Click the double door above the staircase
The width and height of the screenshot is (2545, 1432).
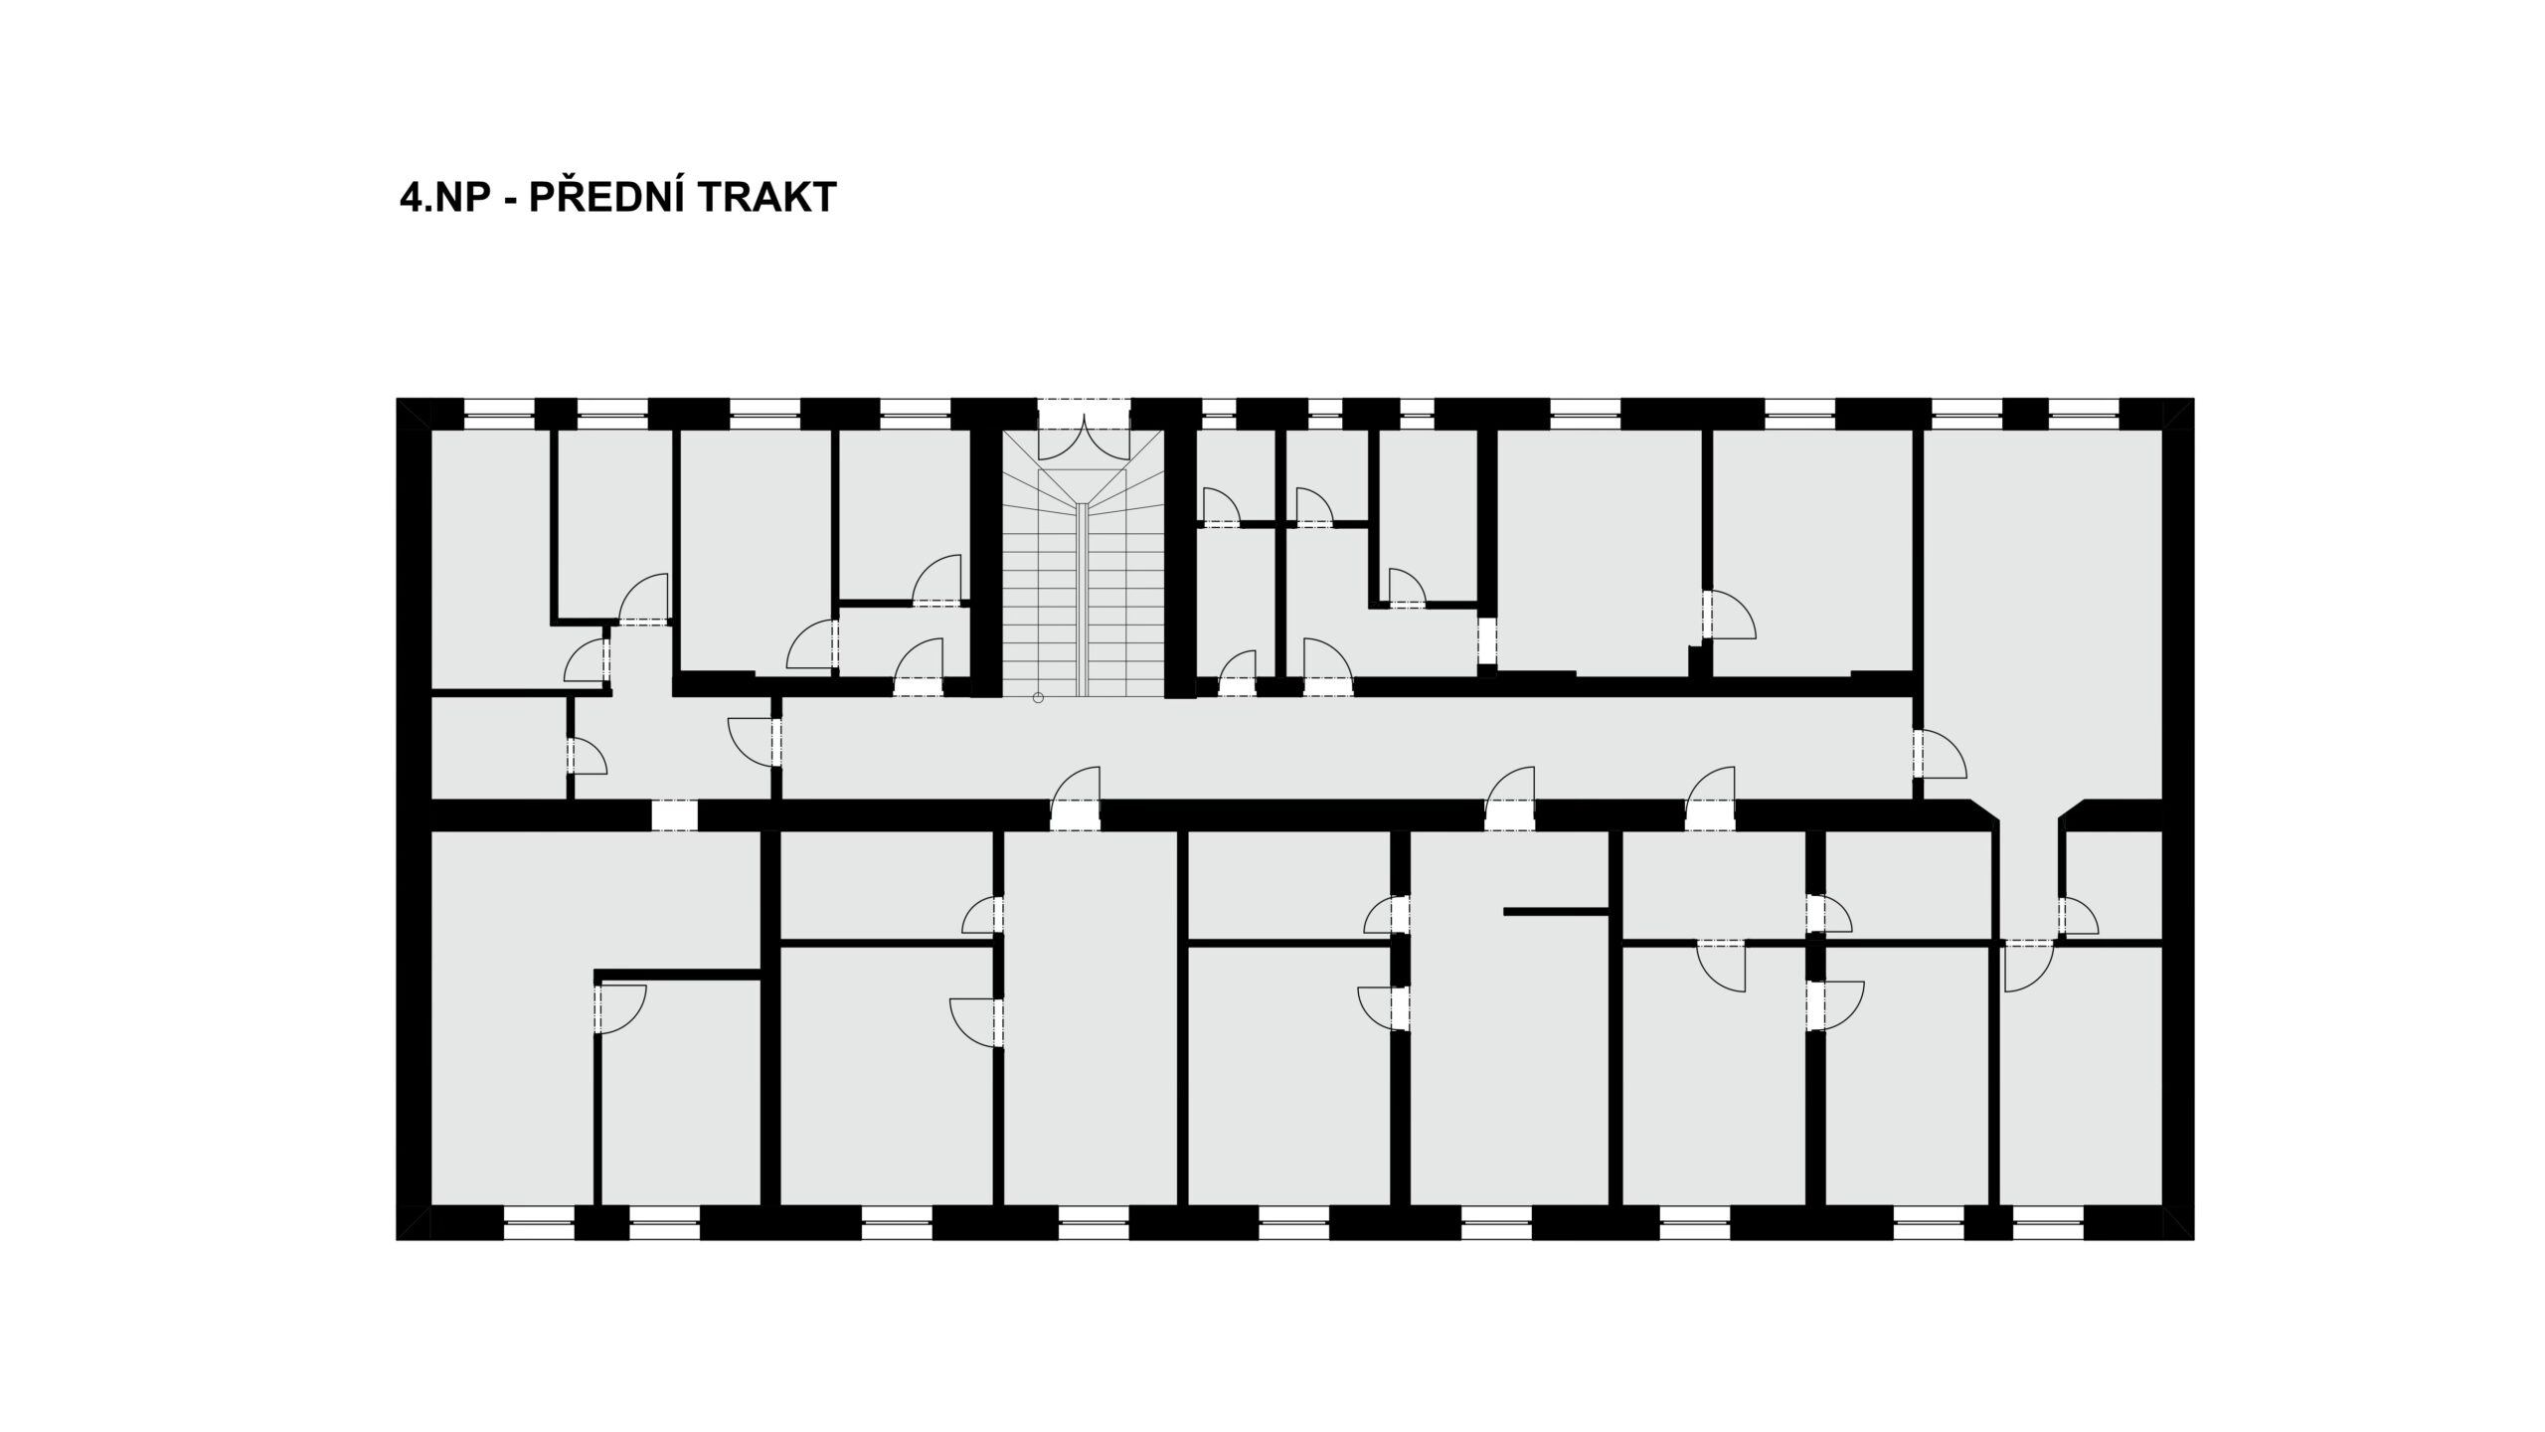click(x=1084, y=438)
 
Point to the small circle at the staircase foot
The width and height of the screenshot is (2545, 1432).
click(x=1038, y=698)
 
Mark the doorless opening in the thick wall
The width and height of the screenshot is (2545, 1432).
click(x=675, y=815)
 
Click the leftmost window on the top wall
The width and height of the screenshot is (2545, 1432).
click(x=499, y=408)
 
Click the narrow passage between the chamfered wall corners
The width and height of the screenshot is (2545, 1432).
click(x=2028, y=875)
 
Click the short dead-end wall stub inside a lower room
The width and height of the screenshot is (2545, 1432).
click(x=1556, y=910)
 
